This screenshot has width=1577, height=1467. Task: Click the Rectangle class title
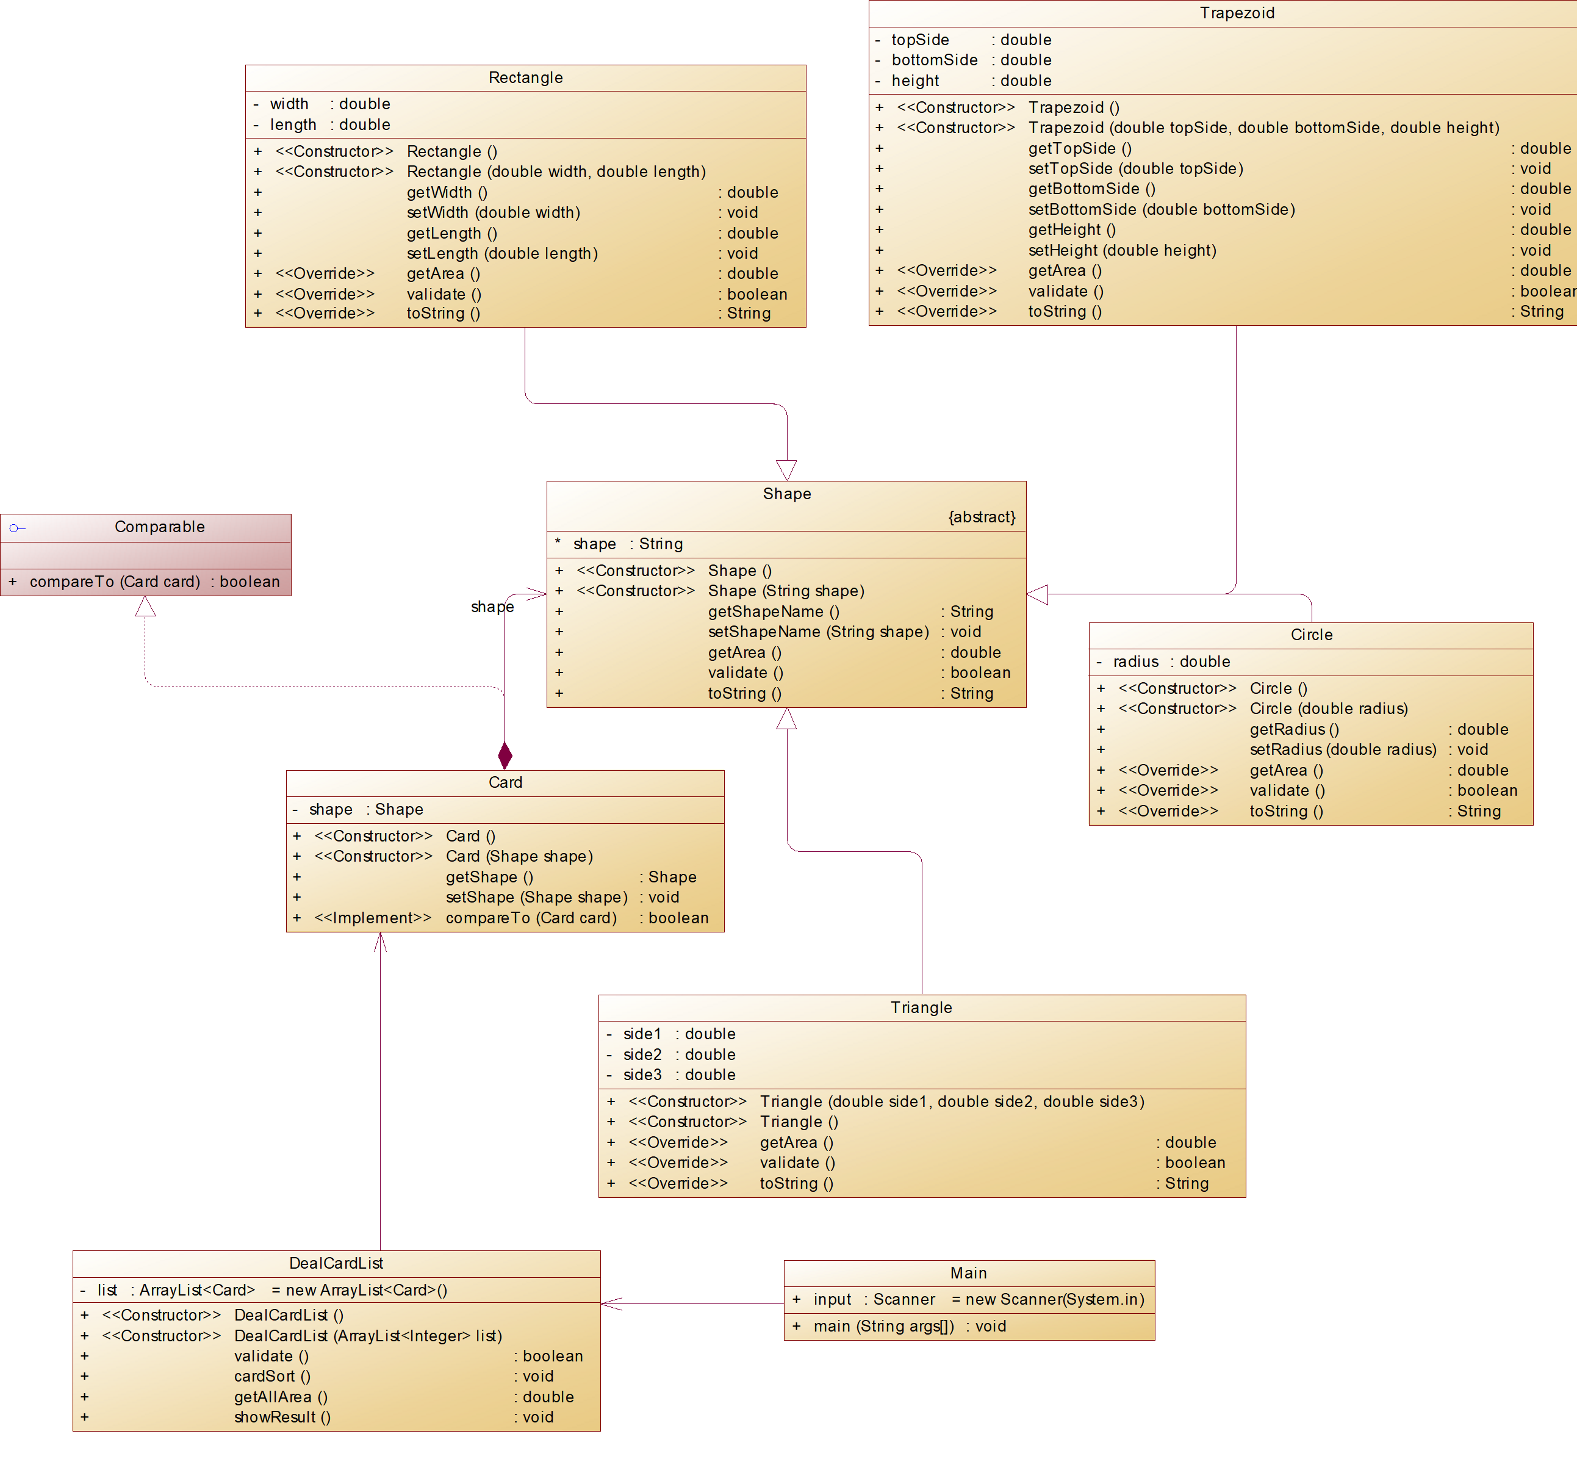[x=525, y=77]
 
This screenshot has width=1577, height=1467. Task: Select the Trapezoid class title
[x=1236, y=13]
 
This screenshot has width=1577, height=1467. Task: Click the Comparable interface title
[x=159, y=527]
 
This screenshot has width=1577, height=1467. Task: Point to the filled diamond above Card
[x=505, y=754]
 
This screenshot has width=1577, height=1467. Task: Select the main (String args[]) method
[x=883, y=1327]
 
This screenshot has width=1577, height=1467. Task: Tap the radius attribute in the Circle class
[x=1135, y=661]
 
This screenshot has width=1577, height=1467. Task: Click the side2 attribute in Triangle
[x=642, y=1054]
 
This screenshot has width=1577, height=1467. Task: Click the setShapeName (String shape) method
[x=818, y=632]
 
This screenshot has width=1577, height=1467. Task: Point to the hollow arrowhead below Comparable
[x=145, y=607]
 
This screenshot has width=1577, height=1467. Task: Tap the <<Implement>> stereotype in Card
[x=373, y=918]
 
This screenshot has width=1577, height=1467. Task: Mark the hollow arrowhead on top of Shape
[x=786, y=470]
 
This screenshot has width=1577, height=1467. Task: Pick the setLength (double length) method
[x=502, y=254]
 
